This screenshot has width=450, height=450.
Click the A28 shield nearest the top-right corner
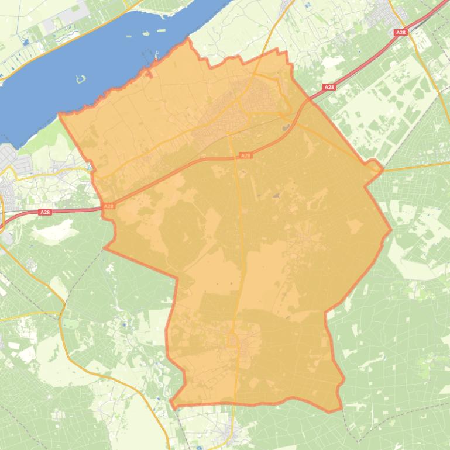coord(401,33)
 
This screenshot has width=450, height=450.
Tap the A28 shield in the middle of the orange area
coord(246,155)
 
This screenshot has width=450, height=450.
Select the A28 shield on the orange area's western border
coord(108,206)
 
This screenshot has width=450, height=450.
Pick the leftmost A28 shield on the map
coord(45,212)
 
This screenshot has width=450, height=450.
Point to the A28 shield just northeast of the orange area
coord(329,87)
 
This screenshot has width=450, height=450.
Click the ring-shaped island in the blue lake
coord(81,78)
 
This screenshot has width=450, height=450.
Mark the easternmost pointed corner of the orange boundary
coord(391,230)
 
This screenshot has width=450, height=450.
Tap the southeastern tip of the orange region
coord(340,411)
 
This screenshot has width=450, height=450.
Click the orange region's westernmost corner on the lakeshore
coord(60,116)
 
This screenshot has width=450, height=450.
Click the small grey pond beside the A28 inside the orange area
coord(286,127)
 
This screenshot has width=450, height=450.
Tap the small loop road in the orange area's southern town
coord(232,340)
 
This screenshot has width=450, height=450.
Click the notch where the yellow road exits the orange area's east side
coord(382,169)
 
